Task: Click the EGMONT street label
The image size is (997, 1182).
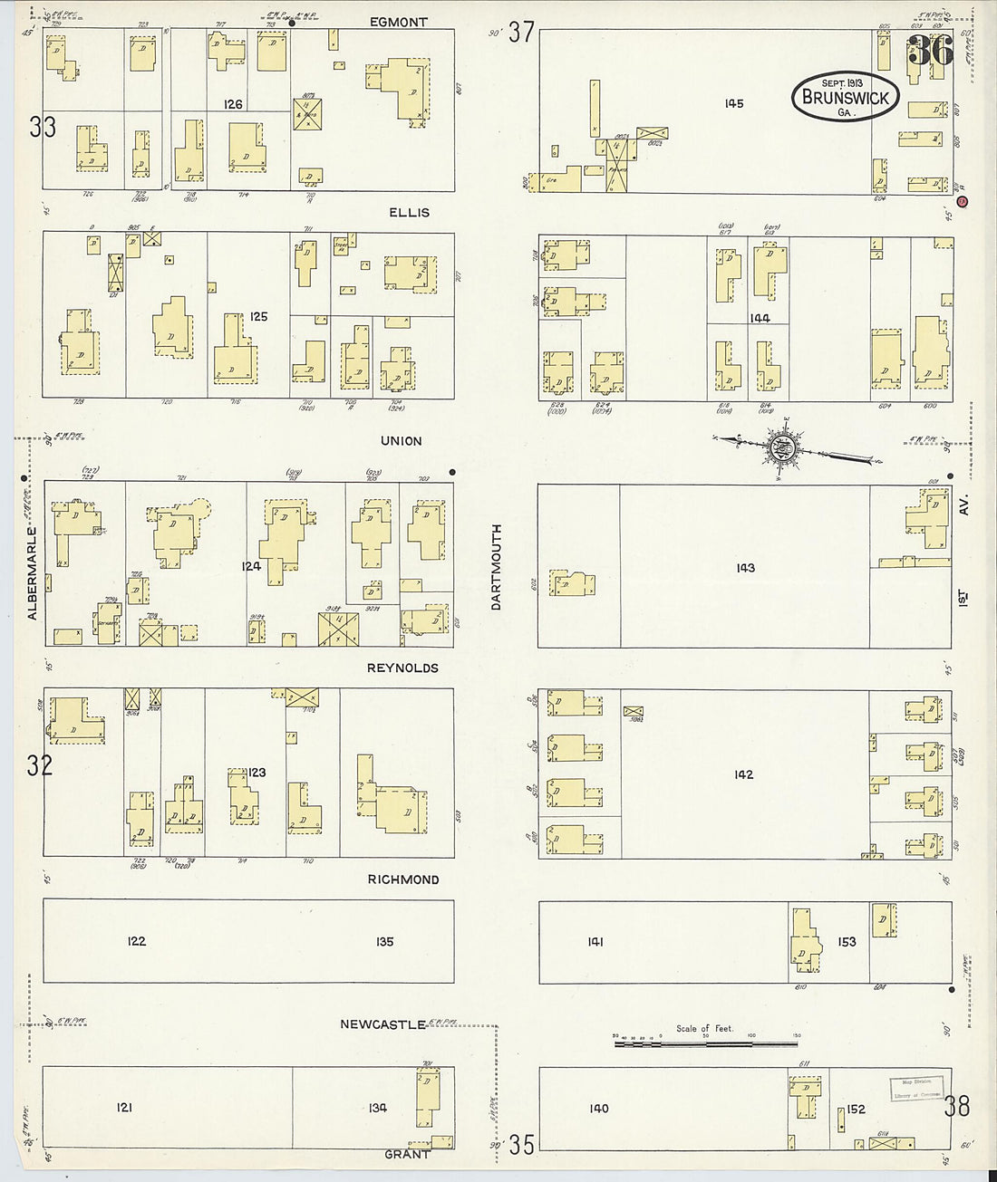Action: coord(399,22)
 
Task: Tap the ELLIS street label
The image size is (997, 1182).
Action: coord(409,213)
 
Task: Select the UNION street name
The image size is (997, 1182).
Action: coord(401,441)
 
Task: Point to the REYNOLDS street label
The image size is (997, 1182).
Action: coord(402,668)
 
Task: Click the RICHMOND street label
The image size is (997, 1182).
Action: coord(403,879)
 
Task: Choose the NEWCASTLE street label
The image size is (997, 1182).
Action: coord(382,1024)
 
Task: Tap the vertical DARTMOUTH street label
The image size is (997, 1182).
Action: coord(497,567)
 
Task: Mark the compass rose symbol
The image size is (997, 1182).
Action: coord(781,447)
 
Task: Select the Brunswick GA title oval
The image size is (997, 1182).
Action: coord(846,97)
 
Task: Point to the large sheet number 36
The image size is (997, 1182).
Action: coord(930,51)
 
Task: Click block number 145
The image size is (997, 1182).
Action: coord(734,104)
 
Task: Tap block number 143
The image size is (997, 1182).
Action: coord(745,568)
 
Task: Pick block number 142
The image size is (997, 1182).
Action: coord(743,774)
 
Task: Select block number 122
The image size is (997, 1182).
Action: coord(136,941)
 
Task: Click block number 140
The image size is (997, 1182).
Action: coord(599,1109)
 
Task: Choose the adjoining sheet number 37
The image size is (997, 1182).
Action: coord(521,33)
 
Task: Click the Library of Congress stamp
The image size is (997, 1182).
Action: coord(915,1089)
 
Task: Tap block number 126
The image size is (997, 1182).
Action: coord(234,104)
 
